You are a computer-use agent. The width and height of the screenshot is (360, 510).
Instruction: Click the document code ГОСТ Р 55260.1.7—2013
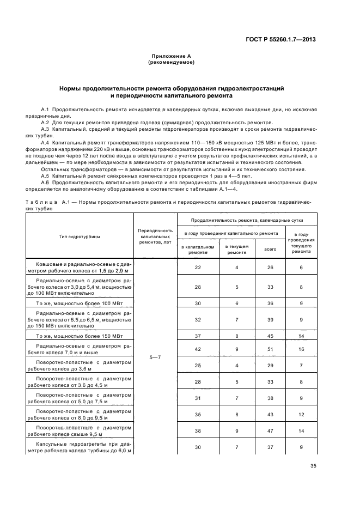pos(281,39)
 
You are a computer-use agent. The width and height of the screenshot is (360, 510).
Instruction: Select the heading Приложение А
pos(170,56)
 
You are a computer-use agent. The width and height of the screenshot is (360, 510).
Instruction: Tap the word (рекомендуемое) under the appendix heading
pos(170,62)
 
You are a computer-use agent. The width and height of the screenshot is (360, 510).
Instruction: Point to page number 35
pos(313,465)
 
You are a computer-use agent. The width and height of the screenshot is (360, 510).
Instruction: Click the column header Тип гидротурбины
pos(80,236)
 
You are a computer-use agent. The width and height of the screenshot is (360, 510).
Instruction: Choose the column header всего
pos(270,249)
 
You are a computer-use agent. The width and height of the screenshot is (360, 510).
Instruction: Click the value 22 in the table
pos(198,268)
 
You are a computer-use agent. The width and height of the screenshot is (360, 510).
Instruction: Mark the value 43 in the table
pos(270,415)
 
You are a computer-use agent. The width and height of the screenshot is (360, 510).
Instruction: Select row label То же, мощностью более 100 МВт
pos(80,304)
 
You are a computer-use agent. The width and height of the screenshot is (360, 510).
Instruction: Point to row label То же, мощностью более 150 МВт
pos(80,336)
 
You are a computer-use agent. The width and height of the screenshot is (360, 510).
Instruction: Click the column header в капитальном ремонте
pos(198,250)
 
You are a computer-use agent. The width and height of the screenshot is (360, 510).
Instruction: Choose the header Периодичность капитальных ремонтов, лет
pos(155,236)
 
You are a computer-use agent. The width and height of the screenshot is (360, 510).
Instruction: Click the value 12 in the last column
pos(301,415)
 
